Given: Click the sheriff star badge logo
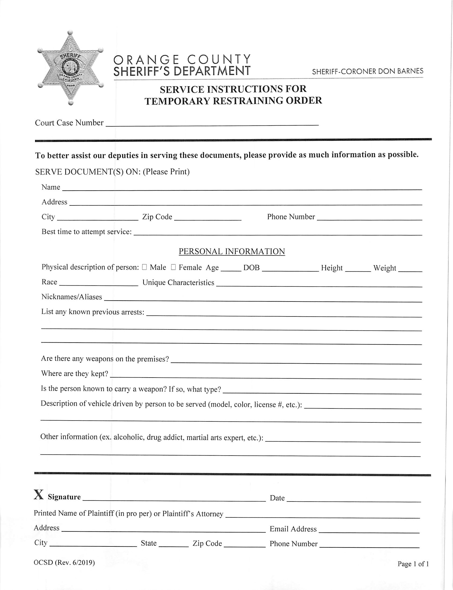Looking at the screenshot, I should tap(71, 67).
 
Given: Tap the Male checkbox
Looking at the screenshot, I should tap(144, 267).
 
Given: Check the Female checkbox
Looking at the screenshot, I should tap(173, 267).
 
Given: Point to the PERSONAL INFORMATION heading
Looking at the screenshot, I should tap(232, 251).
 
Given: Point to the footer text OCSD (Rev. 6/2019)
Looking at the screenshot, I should tap(64, 563).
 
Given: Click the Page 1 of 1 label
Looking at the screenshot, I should tap(413, 564).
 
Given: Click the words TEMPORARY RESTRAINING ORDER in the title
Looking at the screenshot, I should tap(233, 101).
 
